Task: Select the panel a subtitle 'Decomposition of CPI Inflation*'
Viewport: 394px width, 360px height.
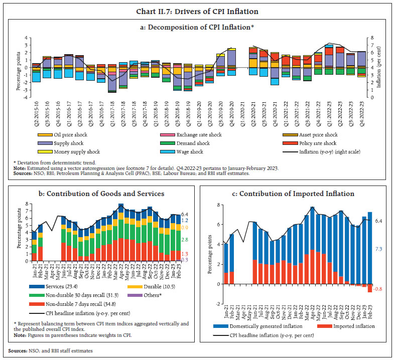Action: [x=197, y=28]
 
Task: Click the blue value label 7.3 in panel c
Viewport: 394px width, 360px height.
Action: [x=378, y=249]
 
